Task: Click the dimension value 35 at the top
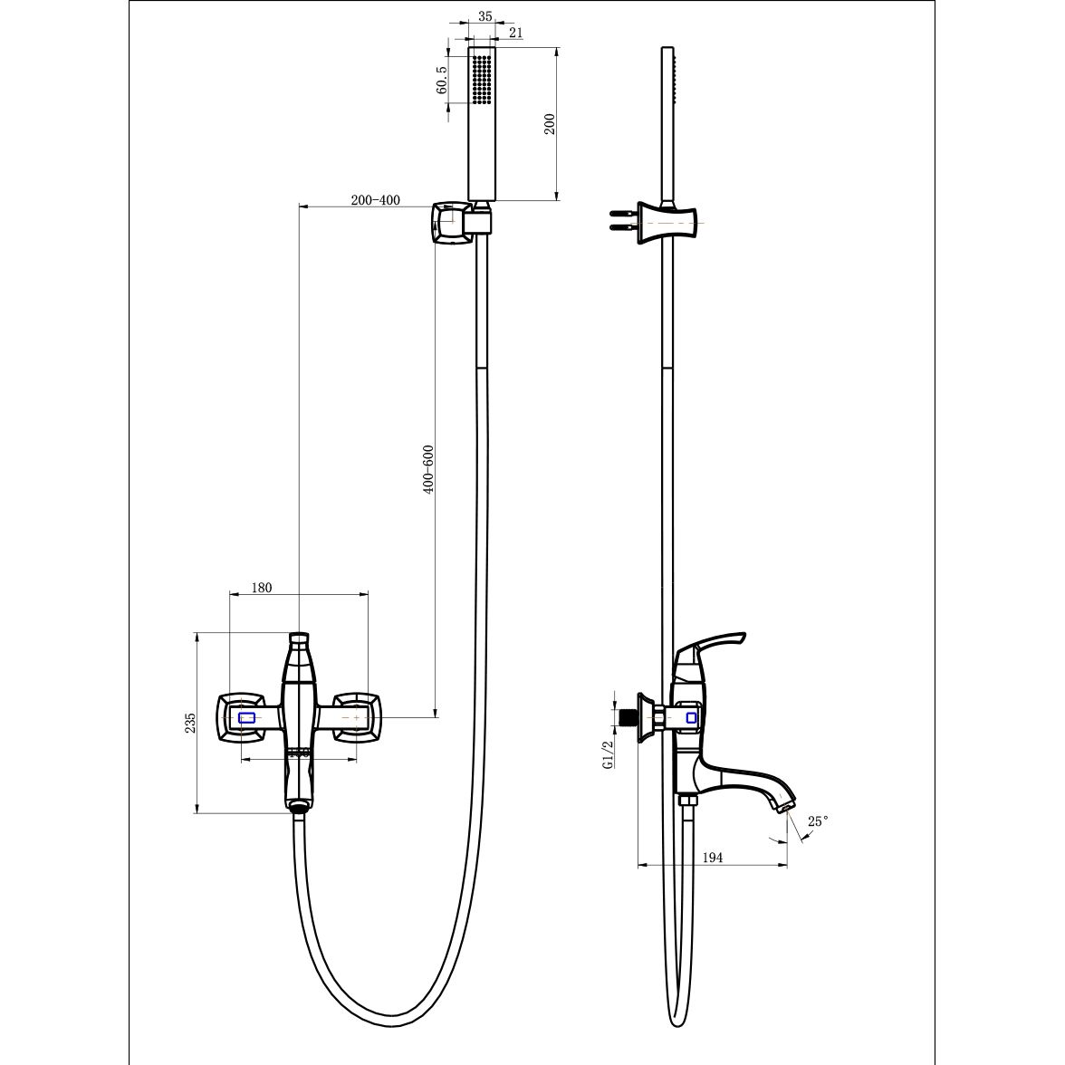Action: point(485,16)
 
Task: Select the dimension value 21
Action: point(515,32)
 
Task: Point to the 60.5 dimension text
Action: point(442,80)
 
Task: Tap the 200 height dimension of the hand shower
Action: point(550,123)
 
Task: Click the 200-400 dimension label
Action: point(375,199)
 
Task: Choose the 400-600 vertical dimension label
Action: point(427,469)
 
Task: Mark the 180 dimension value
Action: point(262,588)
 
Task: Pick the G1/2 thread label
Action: point(608,753)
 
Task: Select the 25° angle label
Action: point(818,821)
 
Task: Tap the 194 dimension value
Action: point(712,857)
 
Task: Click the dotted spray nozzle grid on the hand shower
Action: point(482,80)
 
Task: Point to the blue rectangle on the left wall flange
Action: point(246,717)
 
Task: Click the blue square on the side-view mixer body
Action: point(691,717)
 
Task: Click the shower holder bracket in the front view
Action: point(460,221)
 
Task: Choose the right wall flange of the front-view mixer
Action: point(357,717)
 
